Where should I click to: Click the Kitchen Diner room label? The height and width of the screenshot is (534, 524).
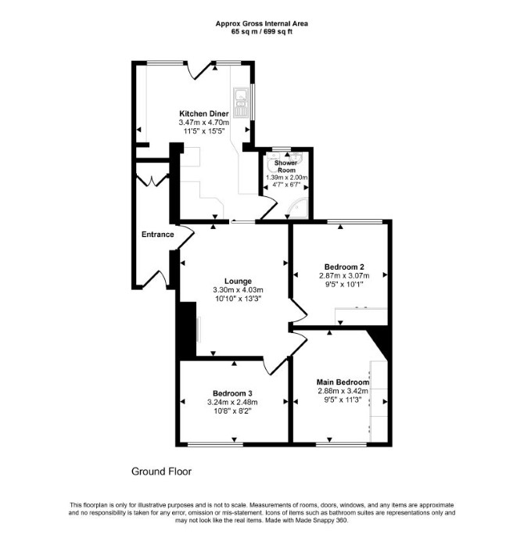pyautogui.click(x=204, y=113)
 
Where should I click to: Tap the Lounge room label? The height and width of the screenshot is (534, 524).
pyautogui.click(x=239, y=281)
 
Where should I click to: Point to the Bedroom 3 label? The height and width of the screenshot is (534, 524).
pyautogui.click(x=233, y=394)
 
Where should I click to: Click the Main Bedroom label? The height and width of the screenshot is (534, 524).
pyautogui.click(x=343, y=382)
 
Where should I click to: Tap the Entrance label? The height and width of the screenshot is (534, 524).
pyautogui.click(x=158, y=235)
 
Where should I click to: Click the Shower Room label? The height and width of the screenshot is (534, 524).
pyautogui.click(x=286, y=167)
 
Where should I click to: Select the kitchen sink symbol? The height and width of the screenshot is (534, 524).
pyautogui.click(x=241, y=102)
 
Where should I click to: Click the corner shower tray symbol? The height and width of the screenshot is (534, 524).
pyautogui.click(x=298, y=209)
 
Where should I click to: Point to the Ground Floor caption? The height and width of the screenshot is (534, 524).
pyautogui.click(x=161, y=471)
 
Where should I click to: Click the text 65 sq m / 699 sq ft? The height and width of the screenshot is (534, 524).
pyautogui.click(x=262, y=32)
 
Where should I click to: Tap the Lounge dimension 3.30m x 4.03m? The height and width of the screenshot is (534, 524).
pyautogui.click(x=239, y=290)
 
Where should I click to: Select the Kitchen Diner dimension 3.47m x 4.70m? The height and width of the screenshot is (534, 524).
pyautogui.click(x=204, y=122)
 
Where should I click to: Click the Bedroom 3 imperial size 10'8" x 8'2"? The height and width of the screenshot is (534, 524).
pyautogui.click(x=233, y=411)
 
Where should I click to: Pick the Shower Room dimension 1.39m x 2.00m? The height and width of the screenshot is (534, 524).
pyautogui.click(x=286, y=177)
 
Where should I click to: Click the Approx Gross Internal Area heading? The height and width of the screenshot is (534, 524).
pyautogui.click(x=262, y=23)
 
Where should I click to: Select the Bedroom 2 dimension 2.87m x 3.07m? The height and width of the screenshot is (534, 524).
pyautogui.click(x=344, y=275)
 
